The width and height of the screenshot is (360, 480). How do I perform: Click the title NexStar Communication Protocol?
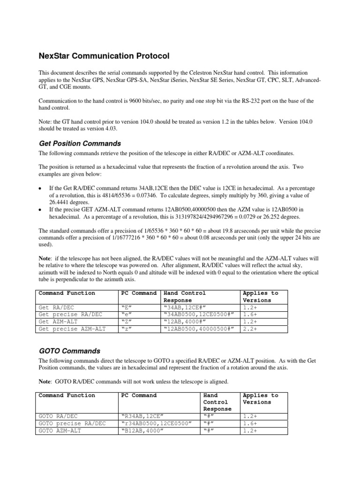104,56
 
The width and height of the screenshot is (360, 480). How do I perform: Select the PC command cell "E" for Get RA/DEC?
126,308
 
